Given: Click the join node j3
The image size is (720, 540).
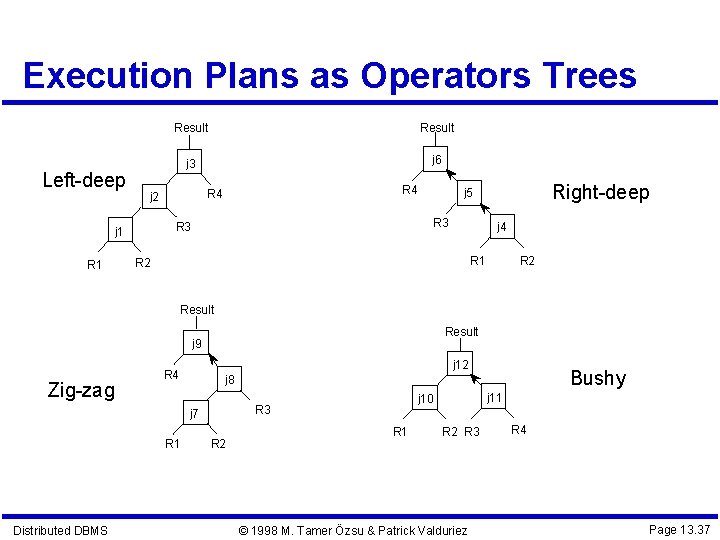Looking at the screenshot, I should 191,163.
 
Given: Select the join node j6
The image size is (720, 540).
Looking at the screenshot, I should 437,160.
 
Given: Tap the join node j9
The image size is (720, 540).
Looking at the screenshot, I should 197,344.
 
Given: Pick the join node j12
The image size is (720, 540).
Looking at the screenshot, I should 461,365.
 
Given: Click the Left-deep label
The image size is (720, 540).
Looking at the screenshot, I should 84,181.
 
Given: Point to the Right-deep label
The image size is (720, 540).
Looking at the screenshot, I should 601,192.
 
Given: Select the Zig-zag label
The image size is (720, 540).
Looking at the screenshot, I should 81,390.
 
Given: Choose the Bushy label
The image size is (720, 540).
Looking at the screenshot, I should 598,378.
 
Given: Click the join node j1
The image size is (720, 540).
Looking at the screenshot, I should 118,232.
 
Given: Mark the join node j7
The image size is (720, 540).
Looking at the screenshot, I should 194,413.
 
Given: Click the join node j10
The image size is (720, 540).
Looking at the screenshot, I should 426,399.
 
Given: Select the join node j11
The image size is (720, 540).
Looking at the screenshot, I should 494,398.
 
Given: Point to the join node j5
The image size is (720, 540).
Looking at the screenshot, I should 466,193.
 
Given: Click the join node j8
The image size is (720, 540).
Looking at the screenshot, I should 228,380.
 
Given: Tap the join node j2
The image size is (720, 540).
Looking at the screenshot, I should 153,197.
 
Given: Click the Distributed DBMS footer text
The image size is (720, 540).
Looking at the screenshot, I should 60,530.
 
